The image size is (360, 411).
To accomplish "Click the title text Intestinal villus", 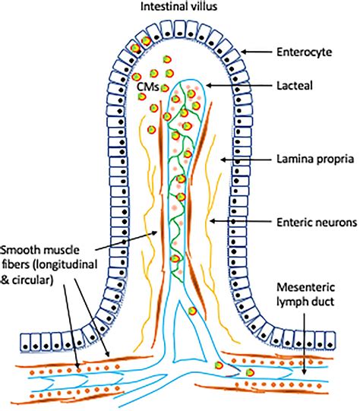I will (179, 8).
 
